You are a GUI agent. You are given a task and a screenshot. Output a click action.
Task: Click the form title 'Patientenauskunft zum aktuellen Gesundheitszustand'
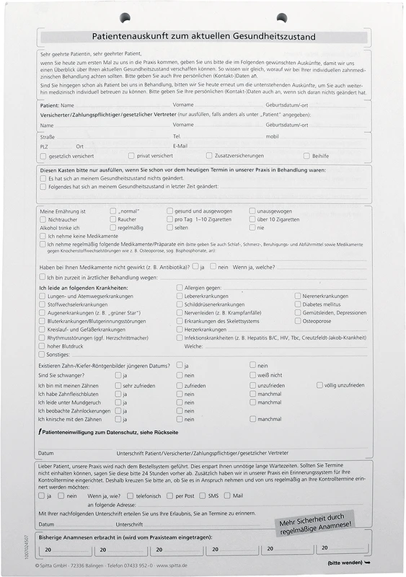[203, 35]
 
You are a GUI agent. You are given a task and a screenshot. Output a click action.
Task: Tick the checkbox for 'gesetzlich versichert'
[43, 155]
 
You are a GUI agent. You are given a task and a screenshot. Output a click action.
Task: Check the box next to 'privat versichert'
[131, 155]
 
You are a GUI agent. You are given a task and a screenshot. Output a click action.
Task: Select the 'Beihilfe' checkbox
[306, 155]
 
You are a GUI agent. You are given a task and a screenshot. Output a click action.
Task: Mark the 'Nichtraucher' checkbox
[43, 219]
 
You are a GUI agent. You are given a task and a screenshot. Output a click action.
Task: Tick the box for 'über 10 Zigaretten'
[252, 219]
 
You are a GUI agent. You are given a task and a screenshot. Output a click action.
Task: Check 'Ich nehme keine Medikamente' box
[43, 236]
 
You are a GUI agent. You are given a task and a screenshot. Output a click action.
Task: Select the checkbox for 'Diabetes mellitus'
[297, 304]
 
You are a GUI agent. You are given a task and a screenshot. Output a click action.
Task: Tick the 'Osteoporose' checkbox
[297, 321]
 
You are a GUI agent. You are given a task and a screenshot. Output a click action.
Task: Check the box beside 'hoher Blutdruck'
[43, 346]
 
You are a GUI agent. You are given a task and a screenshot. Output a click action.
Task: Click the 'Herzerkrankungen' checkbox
[180, 330]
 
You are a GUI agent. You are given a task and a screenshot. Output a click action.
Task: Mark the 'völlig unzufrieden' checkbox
[319, 385]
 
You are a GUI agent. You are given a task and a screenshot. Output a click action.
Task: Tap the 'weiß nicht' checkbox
[252, 375]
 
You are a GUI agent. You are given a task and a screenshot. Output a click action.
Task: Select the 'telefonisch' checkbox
[130, 495]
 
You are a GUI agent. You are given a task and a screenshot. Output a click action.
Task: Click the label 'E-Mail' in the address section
[180, 146]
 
